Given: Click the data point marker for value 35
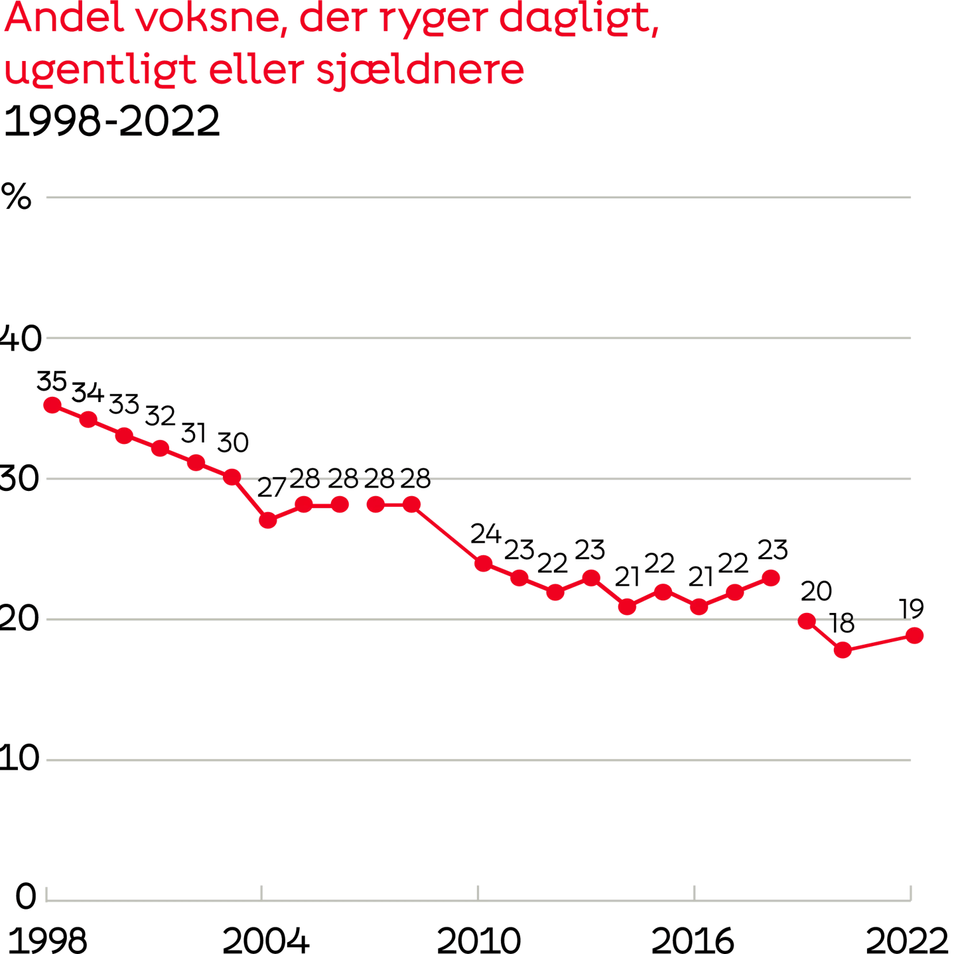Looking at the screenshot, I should pos(52,405).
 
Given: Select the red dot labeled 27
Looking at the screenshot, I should pos(268,520).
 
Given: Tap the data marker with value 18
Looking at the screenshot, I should pos(843,650).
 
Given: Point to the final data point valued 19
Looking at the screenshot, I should pos(915,636).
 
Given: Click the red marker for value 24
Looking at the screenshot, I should pos(484,564).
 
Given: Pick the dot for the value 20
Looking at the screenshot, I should pos(807,621).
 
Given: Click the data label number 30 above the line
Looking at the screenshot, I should pos(232,443).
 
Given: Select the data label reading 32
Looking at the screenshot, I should pos(160,417).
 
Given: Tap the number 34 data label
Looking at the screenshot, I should pos(88,393).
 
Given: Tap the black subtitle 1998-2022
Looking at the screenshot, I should pos(111,122).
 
